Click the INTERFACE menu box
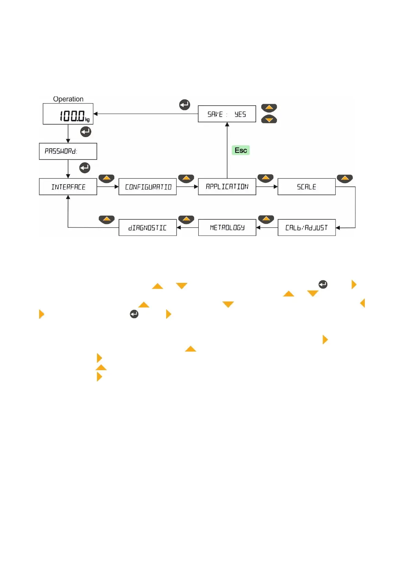(68, 187)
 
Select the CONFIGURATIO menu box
(147, 187)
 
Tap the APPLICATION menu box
(227, 187)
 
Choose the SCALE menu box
(306, 187)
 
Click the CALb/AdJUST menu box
(306, 228)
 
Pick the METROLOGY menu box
(227, 228)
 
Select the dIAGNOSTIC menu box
(147, 228)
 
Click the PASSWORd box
(68, 151)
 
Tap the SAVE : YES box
(227, 114)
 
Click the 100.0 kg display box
(68, 114)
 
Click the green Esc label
(241, 150)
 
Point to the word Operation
(68, 99)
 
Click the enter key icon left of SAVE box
(185, 104)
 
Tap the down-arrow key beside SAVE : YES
(269, 120)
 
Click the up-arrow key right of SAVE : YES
(269, 108)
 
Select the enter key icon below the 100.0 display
(85, 132)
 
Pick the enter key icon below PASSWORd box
(85, 168)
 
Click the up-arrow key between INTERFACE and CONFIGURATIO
(106, 178)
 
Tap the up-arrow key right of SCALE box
(345, 178)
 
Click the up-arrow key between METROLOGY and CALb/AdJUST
(266, 219)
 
